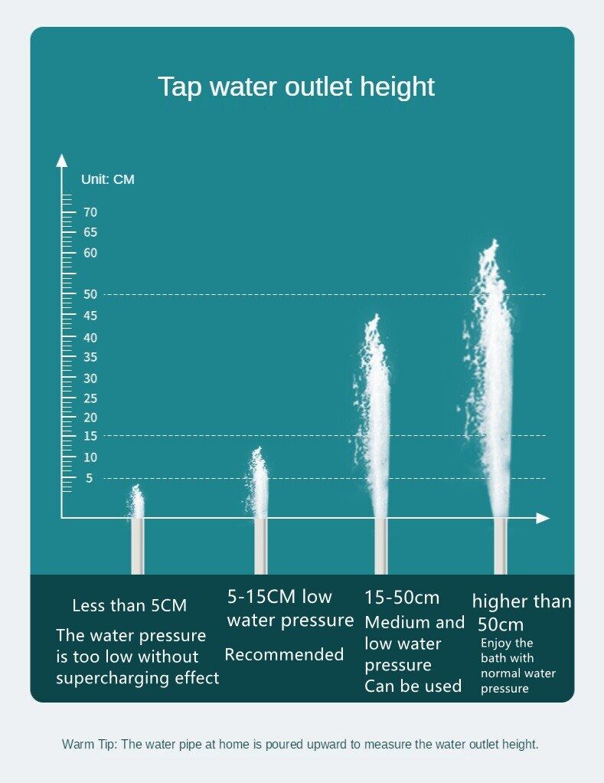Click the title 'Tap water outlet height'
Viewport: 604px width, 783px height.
pos(295,87)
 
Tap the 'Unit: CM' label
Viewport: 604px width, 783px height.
pos(107,179)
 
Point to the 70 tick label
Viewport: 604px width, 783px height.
pos(90,212)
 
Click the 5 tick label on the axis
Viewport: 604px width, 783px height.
pos(89,478)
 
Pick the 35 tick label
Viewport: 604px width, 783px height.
pos(90,357)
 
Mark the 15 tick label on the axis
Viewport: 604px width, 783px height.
pos(90,436)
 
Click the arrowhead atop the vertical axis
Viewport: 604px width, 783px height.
pos(61,159)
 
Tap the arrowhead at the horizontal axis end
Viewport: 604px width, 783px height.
pos(543,519)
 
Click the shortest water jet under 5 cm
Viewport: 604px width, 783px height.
pos(137,502)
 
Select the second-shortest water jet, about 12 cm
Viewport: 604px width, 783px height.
pos(260,483)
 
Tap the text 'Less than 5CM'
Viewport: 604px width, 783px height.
pos(129,606)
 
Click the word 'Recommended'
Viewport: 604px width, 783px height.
pos(284,655)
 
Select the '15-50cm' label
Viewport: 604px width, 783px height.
pos(402,598)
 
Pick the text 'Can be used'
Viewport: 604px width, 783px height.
pos(413,686)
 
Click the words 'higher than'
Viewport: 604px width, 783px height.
pos(521,601)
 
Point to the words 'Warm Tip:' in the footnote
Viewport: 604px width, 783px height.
pos(89,744)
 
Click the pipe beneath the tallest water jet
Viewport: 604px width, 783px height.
pos(501,545)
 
